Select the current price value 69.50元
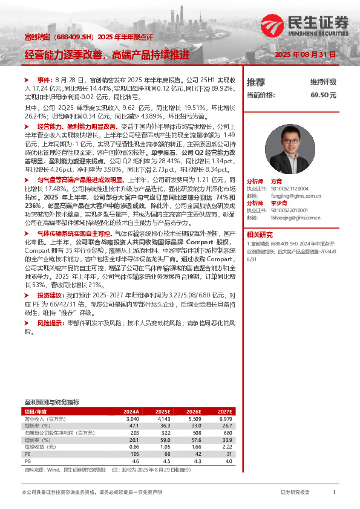point(324,95)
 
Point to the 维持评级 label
point(323,82)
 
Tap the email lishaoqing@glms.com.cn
point(292,216)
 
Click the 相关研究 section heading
point(260,234)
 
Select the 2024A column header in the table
point(132,411)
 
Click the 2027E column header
point(224,411)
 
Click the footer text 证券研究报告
point(295,493)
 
